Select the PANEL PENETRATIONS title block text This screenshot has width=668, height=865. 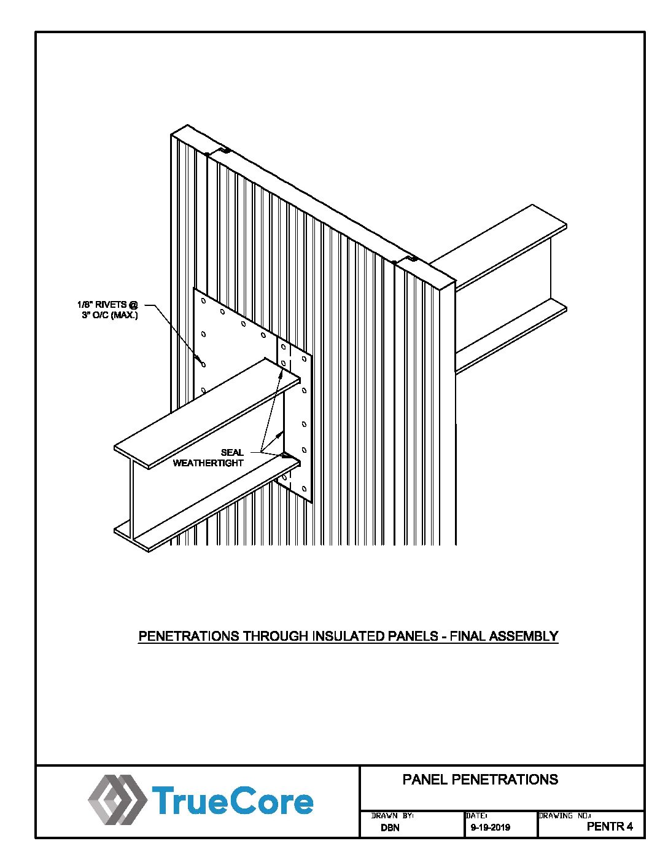point(480,779)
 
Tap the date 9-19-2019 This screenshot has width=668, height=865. point(490,828)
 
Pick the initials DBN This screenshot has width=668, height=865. point(390,828)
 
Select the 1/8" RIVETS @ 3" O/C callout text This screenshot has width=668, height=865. point(107,310)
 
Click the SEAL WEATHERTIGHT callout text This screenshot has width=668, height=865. point(208,458)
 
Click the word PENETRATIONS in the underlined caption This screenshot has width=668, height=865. point(189,636)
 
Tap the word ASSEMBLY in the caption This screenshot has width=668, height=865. point(524,636)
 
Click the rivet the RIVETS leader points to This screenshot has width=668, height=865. point(204,364)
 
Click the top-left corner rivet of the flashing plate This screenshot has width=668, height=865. point(203,301)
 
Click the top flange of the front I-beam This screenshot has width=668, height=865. point(207,413)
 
